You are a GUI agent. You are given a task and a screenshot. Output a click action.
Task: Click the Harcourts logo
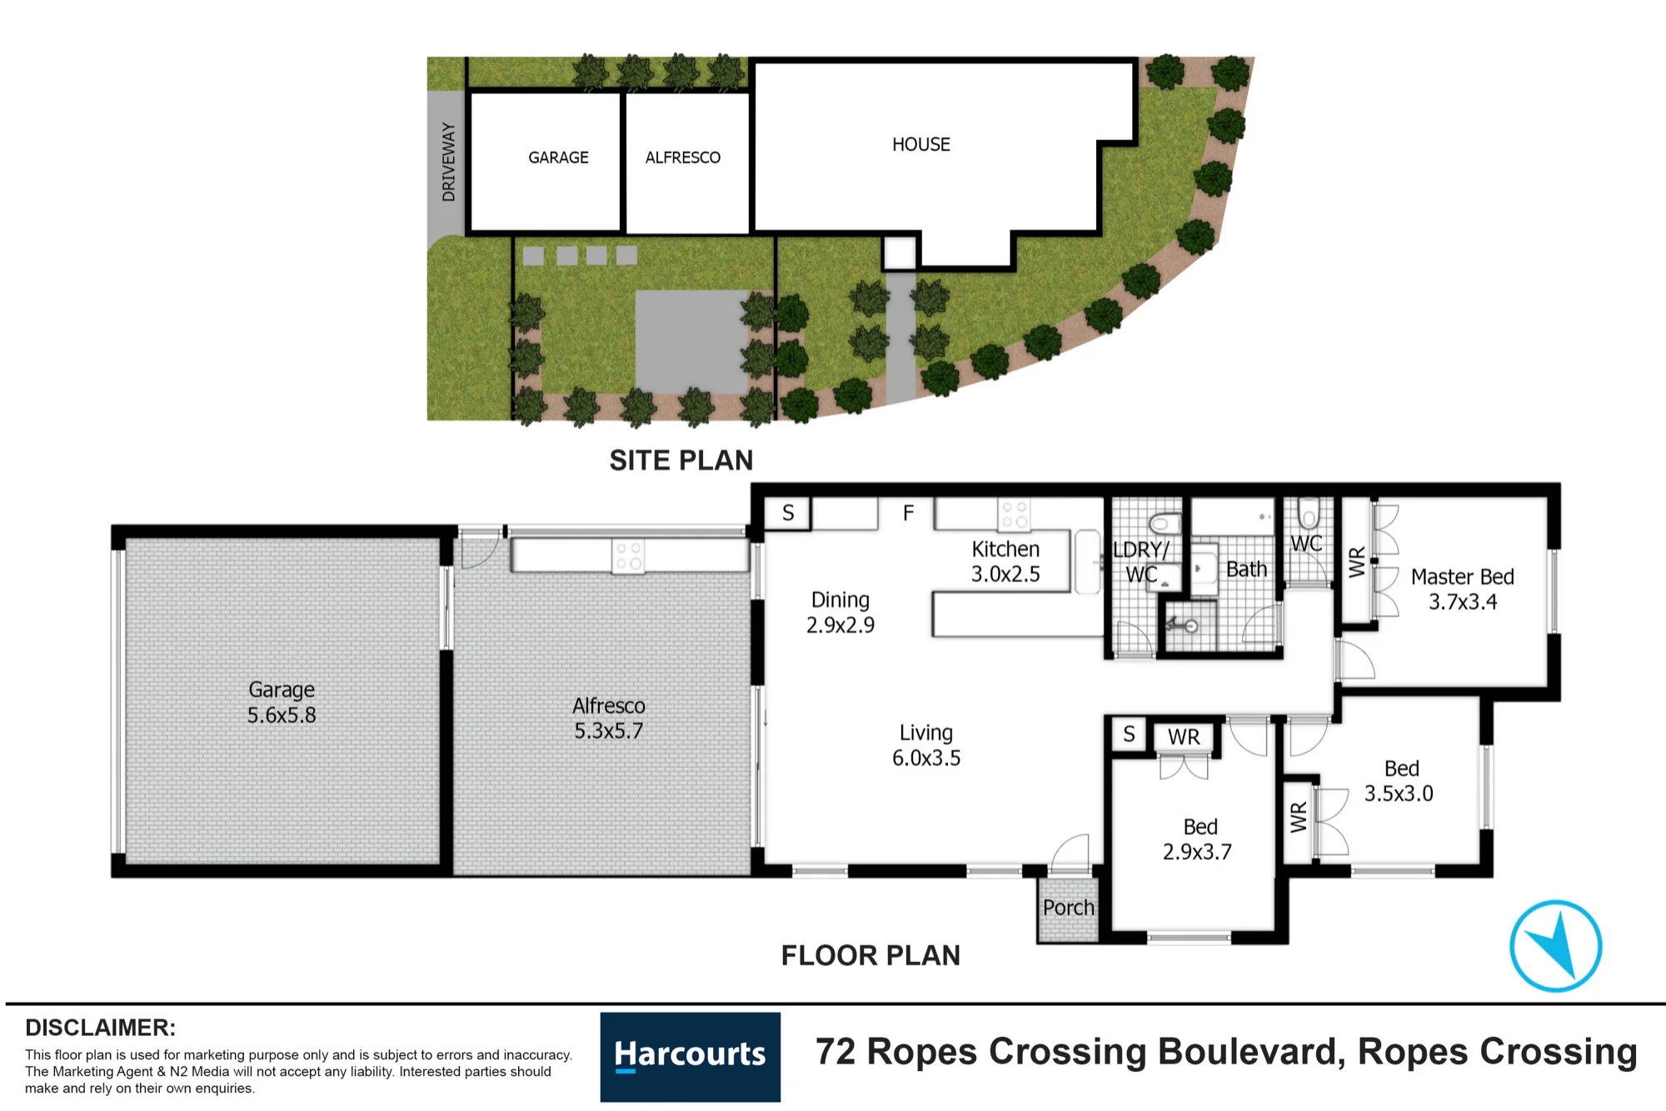tap(691, 1057)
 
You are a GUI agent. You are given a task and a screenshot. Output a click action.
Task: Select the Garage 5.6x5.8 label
tap(282, 702)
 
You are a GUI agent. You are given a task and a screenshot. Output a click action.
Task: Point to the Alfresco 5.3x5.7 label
tap(609, 718)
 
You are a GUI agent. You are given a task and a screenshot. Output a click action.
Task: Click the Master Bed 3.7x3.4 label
tap(1463, 589)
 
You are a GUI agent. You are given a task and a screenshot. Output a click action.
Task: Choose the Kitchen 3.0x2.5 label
tap(1005, 561)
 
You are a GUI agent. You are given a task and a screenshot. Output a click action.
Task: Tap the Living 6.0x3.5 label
tap(926, 745)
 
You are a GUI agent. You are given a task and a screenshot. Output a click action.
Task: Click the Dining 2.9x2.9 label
tap(840, 612)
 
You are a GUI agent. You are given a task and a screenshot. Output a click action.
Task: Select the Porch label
tap(1069, 908)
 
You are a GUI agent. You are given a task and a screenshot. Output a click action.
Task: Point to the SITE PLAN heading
tap(681, 461)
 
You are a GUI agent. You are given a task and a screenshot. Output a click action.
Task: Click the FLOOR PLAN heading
tap(870, 955)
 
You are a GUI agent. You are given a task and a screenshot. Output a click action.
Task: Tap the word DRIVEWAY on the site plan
tap(449, 162)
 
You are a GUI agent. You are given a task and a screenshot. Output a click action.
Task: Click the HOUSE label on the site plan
tap(921, 145)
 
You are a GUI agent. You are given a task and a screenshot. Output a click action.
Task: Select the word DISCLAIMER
tap(100, 1028)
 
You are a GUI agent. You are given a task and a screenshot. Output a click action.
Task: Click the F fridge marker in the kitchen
tap(909, 513)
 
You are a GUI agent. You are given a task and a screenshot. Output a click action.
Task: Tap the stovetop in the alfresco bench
tap(628, 556)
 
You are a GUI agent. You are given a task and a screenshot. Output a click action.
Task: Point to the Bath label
tap(1246, 570)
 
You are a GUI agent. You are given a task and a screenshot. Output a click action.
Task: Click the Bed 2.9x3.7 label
tap(1198, 839)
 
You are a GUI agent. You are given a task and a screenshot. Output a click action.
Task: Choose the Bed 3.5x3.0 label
tap(1399, 781)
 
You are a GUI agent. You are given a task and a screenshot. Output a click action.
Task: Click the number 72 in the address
tap(835, 1052)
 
